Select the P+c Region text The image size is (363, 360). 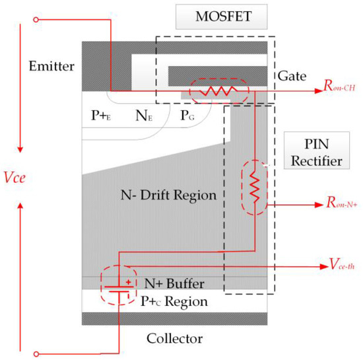[174, 302]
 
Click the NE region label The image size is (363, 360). [145, 116]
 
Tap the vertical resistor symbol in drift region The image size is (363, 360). [254, 189]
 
